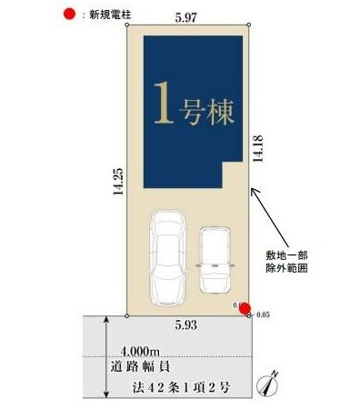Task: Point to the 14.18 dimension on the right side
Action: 261,145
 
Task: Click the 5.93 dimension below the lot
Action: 186,324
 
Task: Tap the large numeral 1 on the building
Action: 162,105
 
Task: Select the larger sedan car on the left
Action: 166,259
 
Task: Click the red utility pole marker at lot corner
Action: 245,308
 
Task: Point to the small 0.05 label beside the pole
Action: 264,314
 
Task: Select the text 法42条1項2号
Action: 175,387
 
